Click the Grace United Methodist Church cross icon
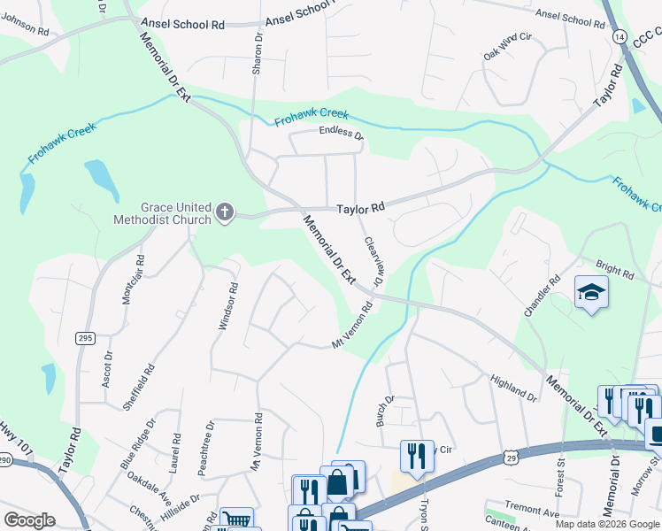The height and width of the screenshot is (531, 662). (x=225, y=212)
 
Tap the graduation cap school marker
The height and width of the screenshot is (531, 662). (x=590, y=291)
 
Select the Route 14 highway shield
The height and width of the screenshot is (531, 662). (x=619, y=37)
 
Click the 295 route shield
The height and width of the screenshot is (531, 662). (x=85, y=338)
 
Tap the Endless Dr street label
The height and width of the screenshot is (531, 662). (x=341, y=135)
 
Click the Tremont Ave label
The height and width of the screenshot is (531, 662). (x=532, y=512)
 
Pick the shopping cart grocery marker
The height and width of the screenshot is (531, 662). (x=236, y=519)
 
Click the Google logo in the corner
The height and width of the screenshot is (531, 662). (x=29, y=520)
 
